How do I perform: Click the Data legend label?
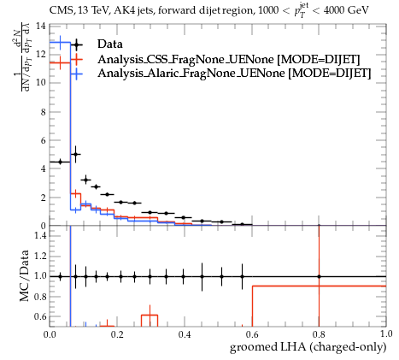click(x=110, y=44)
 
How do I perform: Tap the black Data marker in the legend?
click(x=76, y=44)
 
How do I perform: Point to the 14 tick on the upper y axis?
click(x=41, y=26)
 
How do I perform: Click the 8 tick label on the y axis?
click(x=43, y=112)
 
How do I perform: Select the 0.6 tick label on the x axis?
click(x=252, y=334)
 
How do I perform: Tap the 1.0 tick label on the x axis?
click(x=385, y=334)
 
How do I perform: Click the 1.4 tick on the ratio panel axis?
click(x=40, y=235)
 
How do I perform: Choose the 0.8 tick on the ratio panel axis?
click(x=40, y=297)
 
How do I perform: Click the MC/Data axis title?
click(x=25, y=276)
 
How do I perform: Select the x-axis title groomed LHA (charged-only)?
click(x=308, y=347)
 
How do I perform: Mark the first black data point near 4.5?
click(x=60, y=162)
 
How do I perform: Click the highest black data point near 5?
click(x=75, y=154)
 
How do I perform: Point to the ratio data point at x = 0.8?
click(x=319, y=276)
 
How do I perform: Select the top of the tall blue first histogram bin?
click(x=60, y=43)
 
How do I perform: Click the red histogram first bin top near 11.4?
click(x=60, y=62)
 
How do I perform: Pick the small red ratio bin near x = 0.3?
click(x=150, y=315)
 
